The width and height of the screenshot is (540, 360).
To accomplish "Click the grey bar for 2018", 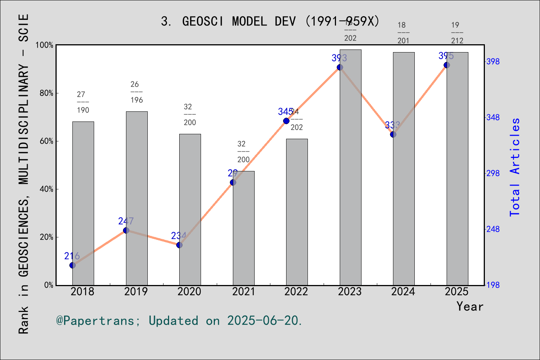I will (x=83, y=203).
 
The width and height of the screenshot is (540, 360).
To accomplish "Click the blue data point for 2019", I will (x=126, y=230).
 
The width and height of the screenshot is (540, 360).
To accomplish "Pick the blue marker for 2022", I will (x=286, y=121).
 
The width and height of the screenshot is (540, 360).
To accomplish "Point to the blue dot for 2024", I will (x=393, y=134).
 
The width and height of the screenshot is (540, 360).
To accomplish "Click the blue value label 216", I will (x=72, y=256).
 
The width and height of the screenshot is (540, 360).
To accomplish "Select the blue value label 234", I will (x=178, y=236).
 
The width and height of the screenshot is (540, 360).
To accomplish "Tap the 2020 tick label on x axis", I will (x=189, y=292).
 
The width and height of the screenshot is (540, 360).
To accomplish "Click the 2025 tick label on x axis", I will (x=457, y=292).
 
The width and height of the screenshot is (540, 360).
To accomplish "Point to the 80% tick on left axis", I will (x=46, y=93).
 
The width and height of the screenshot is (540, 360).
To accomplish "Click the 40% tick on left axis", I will (x=46, y=189).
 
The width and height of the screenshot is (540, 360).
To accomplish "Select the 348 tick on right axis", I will (x=493, y=117).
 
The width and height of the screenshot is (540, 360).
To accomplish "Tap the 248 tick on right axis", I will (x=493, y=229).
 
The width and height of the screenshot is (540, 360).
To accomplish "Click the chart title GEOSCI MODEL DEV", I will (x=270, y=21).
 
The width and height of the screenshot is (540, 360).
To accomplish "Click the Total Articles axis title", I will (x=515, y=167).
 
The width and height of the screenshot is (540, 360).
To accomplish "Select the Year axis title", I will (x=469, y=307).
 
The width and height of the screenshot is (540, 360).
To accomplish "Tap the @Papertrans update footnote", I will (x=179, y=321).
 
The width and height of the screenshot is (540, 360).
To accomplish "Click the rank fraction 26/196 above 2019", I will (x=136, y=92).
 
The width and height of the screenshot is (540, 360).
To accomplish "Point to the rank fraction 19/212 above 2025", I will (x=457, y=33).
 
